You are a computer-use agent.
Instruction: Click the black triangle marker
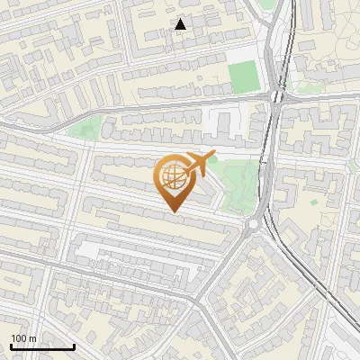181,24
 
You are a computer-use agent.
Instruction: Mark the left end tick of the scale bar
11,346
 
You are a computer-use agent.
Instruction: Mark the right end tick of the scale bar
74,346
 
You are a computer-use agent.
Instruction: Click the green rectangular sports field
241,77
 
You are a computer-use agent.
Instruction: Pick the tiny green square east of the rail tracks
313,202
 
